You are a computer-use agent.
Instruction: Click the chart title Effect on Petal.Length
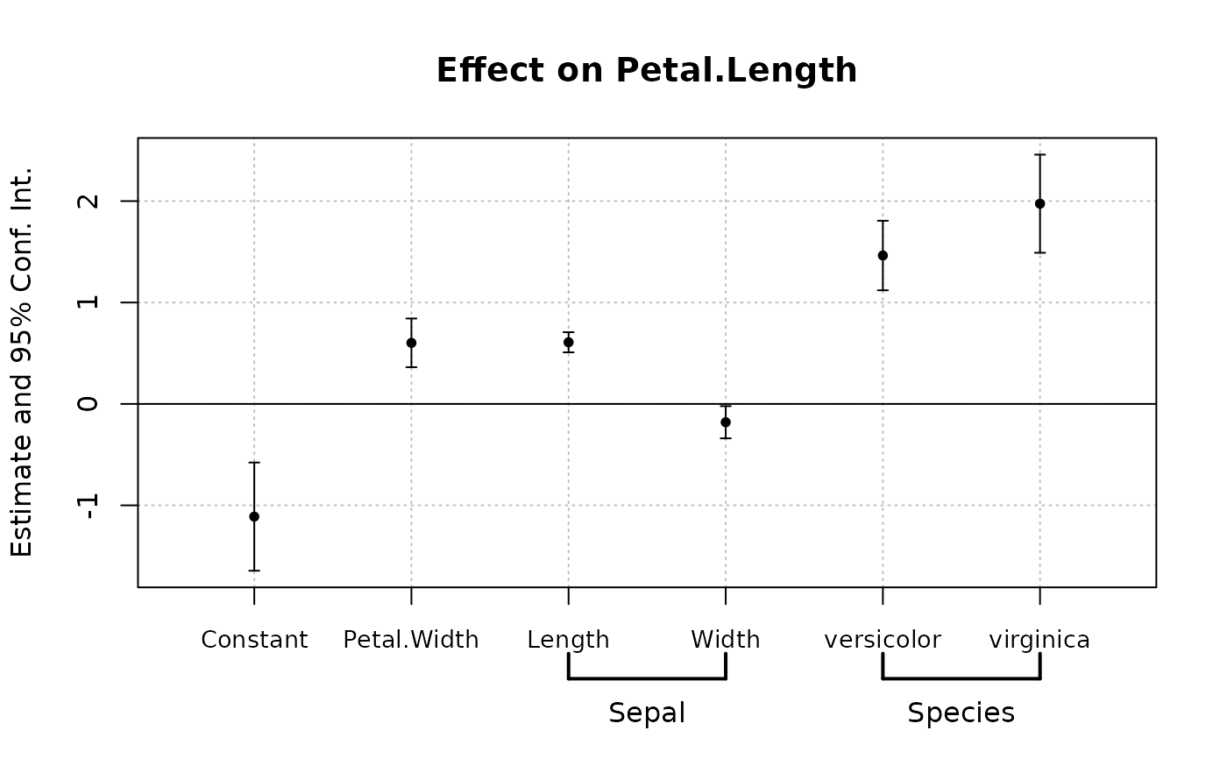pos(646,71)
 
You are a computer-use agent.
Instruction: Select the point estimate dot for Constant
pos(254,516)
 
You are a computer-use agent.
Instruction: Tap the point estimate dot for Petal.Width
pos(411,343)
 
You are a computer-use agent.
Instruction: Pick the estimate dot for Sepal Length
pos(569,342)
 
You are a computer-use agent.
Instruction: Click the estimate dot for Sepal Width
pos(726,422)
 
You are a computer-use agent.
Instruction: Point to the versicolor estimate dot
pos(883,255)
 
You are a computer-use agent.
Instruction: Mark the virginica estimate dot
pos(1039,203)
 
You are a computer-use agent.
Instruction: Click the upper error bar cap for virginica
pos(1039,154)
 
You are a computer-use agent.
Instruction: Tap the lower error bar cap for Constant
pos(254,571)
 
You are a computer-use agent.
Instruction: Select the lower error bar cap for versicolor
pos(883,290)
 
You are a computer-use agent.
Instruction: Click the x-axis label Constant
pos(254,640)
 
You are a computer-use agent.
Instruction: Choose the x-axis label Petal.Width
pos(411,640)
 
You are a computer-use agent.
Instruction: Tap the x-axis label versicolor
pos(883,640)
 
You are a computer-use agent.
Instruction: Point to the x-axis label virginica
pos(1039,640)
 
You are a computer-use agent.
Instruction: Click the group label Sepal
pos(647,713)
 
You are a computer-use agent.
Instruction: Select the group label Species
pos(961,713)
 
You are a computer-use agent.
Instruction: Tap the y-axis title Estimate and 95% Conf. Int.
pos(22,361)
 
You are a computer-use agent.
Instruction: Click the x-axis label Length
pos(568,640)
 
